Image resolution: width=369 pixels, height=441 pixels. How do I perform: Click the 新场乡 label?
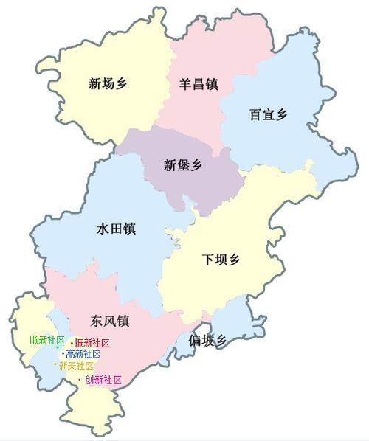tap(107, 84)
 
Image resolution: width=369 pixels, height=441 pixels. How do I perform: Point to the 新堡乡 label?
tap(182, 165)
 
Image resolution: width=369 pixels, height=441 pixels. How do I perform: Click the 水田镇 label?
tap(116, 229)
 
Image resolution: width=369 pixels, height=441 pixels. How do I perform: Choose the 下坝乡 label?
tap(221, 260)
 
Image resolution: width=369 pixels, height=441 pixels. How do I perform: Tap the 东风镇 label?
tap(110, 322)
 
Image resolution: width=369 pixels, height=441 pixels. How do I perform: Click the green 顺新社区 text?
tap(47, 340)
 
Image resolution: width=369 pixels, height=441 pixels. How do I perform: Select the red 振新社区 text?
tap(92, 344)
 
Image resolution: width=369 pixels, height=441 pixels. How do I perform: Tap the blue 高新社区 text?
tap(83, 354)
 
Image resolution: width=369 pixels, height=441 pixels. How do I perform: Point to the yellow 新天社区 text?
tap(77, 366)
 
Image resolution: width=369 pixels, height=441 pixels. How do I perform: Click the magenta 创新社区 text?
tap(103, 381)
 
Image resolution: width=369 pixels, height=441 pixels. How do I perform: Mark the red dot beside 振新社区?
tap(72, 344)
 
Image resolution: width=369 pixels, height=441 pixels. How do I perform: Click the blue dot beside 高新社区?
tap(63, 354)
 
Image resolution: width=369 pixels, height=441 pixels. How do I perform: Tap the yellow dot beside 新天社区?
tap(55, 365)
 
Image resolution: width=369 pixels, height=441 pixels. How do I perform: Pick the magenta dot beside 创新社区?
tap(80, 381)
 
